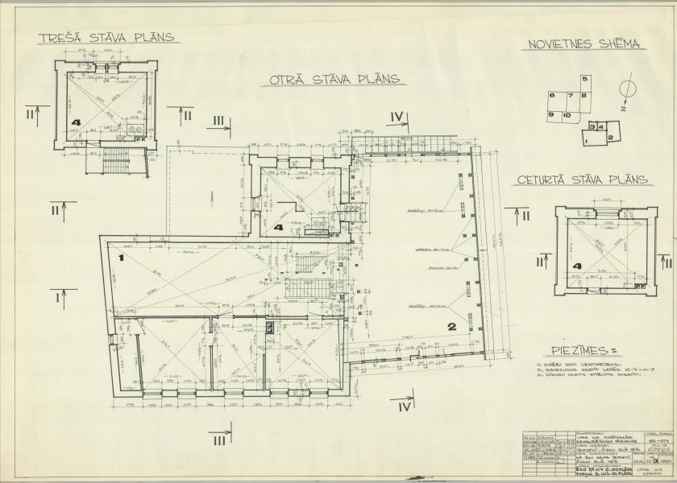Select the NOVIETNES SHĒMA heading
pyautogui.click(x=584, y=44)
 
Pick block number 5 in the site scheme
pyautogui.click(x=585, y=79)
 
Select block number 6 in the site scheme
pyautogui.click(x=552, y=96)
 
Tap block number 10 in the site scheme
pyautogui.click(x=567, y=116)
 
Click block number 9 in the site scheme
pyautogui.click(x=552, y=115)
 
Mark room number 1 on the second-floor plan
pyautogui.click(x=119, y=258)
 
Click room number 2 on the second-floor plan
pyautogui.click(x=452, y=326)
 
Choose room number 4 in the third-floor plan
pyautogui.click(x=76, y=123)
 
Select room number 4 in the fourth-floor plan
pyautogui.click(x=577, y=266)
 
